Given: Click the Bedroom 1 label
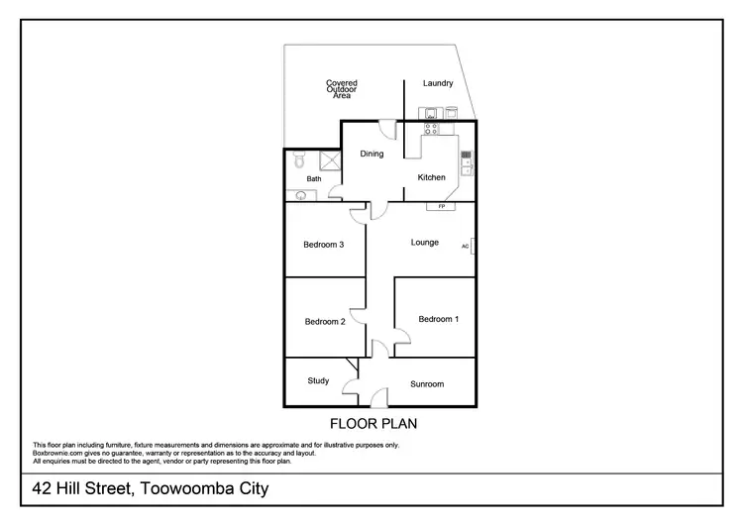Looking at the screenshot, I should (x=438, y=319).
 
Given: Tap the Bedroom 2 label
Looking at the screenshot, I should (x=325, y=321).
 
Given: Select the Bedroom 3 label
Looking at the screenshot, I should (x=323, y=245).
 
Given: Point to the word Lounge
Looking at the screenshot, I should (x=425, y=242).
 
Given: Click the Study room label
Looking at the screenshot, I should (x=318, y=380).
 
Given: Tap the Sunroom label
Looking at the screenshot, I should (x=427, y=383).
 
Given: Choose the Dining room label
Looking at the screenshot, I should (x=371, y=154).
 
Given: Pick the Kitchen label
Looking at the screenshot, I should (x=431, y=177).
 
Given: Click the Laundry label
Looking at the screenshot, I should (x=438, y=83).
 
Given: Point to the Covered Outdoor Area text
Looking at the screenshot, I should (x=342, y=89).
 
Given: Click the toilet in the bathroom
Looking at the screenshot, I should (x=298, y=159).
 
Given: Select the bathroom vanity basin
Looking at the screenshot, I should (x=300, y=195).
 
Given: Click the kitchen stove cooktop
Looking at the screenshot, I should (x=432, y=128).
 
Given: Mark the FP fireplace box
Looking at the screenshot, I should (x=441, y=206).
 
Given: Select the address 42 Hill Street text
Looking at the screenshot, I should (x=150, y=489).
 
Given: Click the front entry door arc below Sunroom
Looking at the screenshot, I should (x=376, y=398).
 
